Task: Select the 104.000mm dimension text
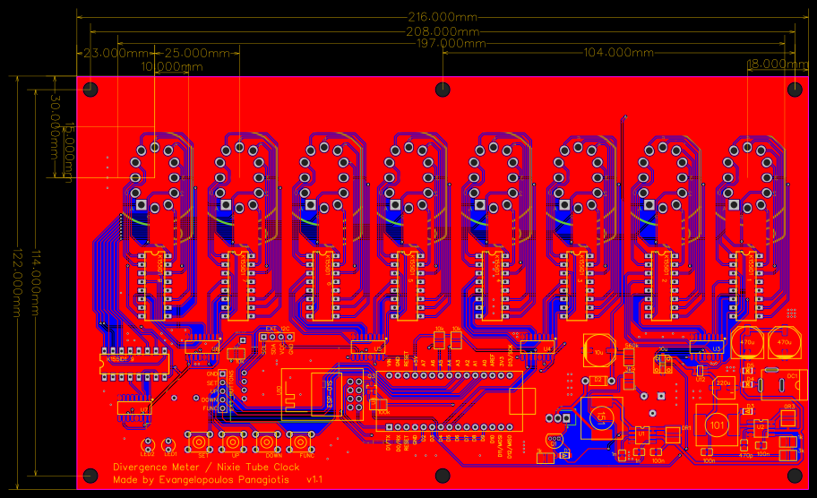pos(618,53)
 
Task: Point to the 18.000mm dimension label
pos(778,64)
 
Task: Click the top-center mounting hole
pos(443,89)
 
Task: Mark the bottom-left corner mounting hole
pos(90,475)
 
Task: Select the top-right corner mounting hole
pos(794,89)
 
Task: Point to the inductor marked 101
pos(716,423)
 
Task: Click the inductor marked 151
pos(602,416)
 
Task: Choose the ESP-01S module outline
pos(330,395)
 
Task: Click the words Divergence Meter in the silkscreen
pos(158,468)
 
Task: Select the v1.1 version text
pos(314,480)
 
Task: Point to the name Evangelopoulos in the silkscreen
pos(194,480)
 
